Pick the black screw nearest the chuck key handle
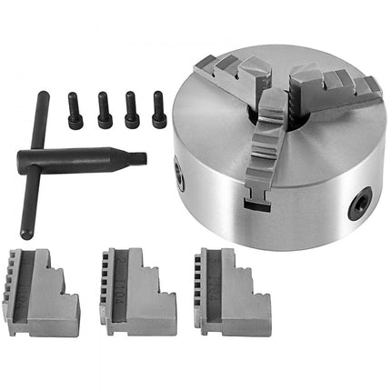(x=75, y=111)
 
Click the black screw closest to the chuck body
(x=159, y=108)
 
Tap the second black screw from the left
(x=105, y=109)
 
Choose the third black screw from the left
(x=133, y=109)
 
